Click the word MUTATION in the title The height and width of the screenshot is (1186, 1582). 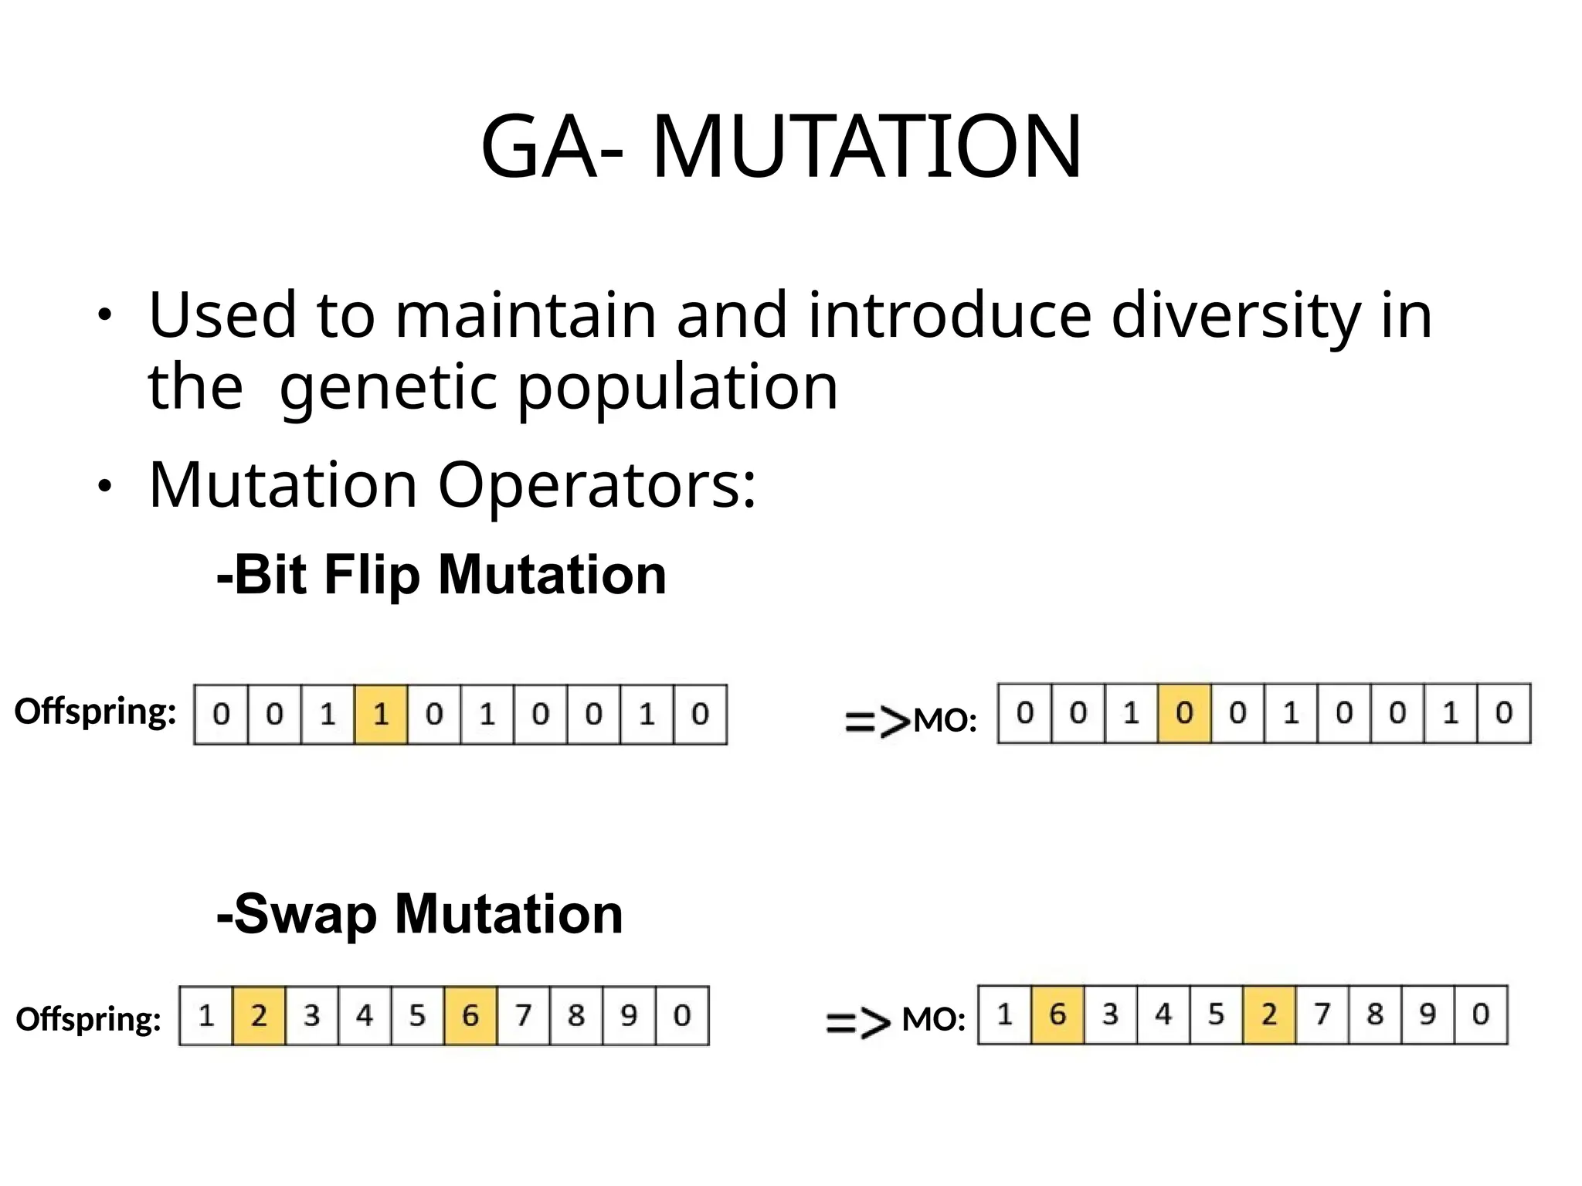pos(867,146)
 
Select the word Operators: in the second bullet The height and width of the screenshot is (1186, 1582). pos(597,485)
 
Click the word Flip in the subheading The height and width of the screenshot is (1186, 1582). pos(372,575)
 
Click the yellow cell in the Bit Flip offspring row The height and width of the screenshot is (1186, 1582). pos(381,714)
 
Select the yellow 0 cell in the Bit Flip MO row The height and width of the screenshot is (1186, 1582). pos(1184,712)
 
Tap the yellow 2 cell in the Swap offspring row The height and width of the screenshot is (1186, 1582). pos(259,1015)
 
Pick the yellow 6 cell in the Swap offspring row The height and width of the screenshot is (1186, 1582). pos(470,1015)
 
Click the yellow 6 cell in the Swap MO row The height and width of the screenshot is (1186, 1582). pos(1057,1014)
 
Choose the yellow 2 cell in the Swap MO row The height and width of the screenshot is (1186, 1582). pos(1269,1014)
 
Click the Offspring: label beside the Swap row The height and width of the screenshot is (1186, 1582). pos(89,1019)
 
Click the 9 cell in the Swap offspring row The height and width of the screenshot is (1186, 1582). pos(629,1015)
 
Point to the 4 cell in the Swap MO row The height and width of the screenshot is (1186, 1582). pos(1163,1014)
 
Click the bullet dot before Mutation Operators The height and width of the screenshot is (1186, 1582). pos(104,487)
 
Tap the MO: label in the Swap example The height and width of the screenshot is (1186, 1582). pos(934,1020)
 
